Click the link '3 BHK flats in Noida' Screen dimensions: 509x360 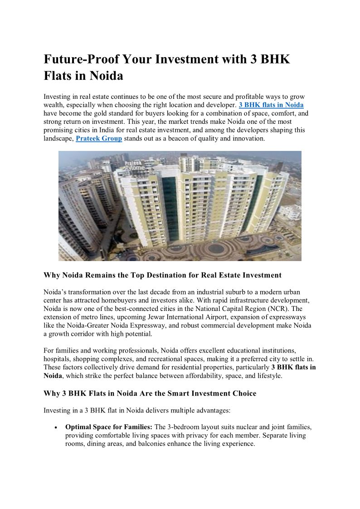pos(271,105)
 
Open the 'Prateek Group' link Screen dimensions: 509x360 pos(99,138)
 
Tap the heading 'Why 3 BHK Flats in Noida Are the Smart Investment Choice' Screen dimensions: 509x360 pos(150,393)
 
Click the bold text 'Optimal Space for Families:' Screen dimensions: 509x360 pos(109,427)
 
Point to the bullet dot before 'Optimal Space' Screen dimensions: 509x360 pos(55,427)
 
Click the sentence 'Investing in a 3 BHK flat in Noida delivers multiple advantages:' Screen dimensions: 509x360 pos(137,411)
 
